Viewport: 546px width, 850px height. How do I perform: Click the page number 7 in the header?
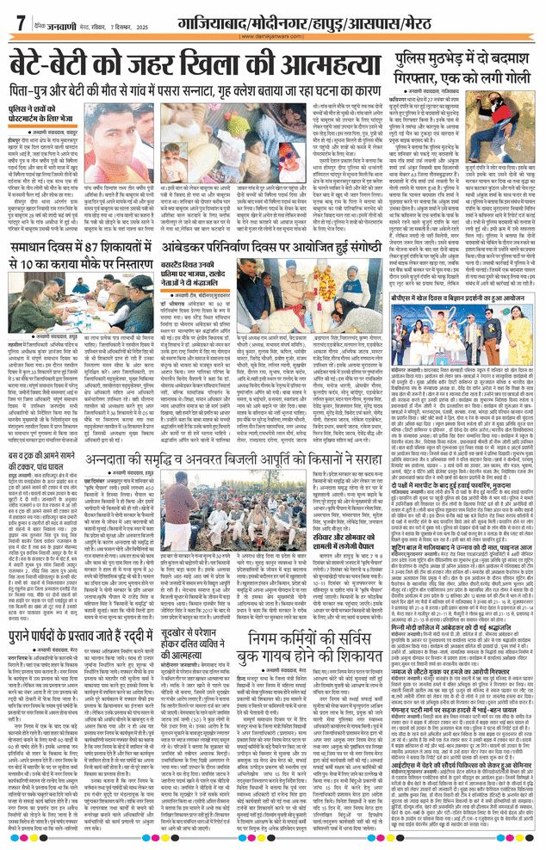[18, 23]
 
